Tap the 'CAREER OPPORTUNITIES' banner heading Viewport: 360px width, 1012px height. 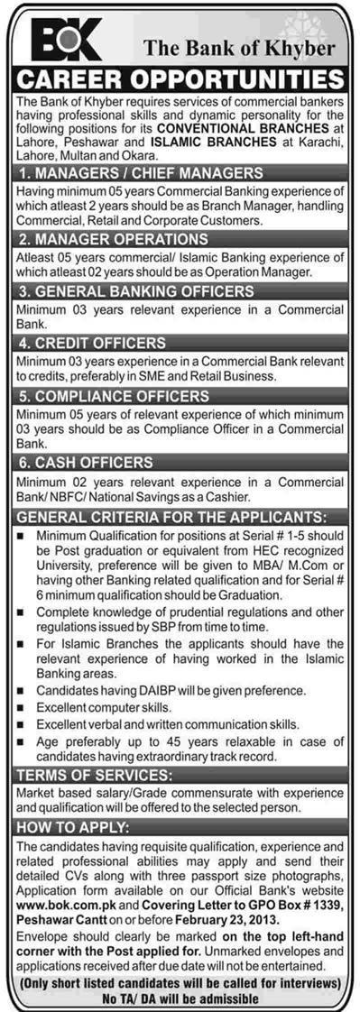point(180,78)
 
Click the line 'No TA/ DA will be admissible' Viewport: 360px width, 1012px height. point(180,999)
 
